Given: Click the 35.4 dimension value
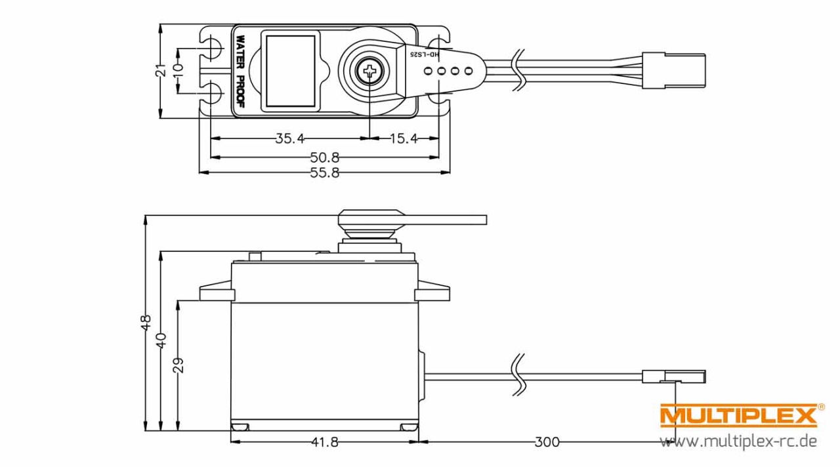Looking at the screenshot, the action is click(290, 138).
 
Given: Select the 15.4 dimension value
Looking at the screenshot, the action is click(404, 138).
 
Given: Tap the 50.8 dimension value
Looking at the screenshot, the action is click(325, 157).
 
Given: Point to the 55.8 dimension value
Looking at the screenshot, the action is click(325, 173).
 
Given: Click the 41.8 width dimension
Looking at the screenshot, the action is click(325, 442).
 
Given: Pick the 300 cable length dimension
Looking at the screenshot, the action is click(547, 442).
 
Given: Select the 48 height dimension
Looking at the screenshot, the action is click(146, 323).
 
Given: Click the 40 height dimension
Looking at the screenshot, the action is click(161, 340).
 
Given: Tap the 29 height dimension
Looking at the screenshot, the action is click(178, 365).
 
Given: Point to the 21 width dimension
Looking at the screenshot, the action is click(161, 70).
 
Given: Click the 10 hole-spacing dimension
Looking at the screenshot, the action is click(178, 70).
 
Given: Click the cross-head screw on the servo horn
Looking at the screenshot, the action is click(369, 70).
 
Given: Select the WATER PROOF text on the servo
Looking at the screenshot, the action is click(241, 71).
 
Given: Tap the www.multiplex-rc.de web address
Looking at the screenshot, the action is click(738, 441).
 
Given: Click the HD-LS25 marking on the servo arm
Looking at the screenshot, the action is click(425, 54).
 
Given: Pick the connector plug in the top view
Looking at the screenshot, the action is click(674, 71).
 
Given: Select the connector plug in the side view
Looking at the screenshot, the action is click(674, 376).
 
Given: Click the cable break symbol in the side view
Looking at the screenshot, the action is click(518, 374).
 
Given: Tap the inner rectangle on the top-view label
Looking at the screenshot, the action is click(291, 71).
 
